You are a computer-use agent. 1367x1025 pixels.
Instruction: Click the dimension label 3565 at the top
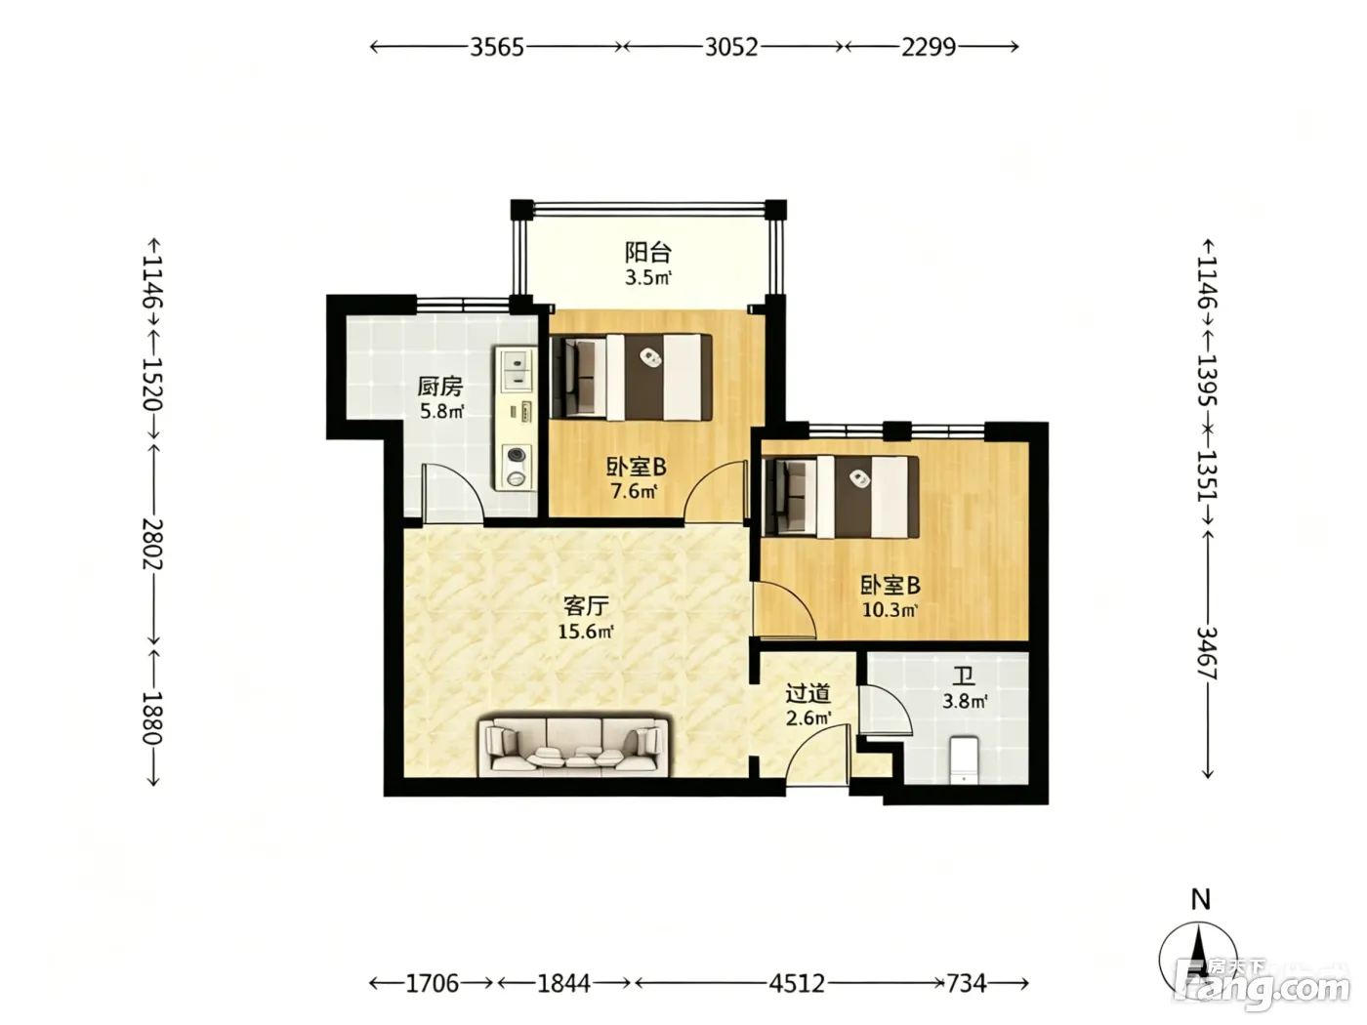[496, 47]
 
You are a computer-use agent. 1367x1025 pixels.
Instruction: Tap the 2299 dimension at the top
[928, 47]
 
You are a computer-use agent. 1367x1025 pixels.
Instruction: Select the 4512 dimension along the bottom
[797, 984]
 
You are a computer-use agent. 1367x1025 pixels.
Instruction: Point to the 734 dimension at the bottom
[967, 984]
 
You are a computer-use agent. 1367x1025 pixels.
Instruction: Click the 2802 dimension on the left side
[152, 544]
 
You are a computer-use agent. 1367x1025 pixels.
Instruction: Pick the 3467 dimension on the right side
[1206, 653]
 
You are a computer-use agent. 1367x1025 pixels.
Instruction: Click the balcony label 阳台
[647, 253]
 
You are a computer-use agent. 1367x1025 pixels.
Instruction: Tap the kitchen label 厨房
[440, 387]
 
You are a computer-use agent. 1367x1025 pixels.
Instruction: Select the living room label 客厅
[586, 605]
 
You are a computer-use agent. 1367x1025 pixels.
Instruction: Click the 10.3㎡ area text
[890, 610]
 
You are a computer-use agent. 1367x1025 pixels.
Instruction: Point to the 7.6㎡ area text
[634, 491]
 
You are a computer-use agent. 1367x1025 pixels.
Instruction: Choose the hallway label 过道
[808, 693]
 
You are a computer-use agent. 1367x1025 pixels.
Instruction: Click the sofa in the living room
[573, 747]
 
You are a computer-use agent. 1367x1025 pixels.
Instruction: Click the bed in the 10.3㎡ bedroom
[840, 497]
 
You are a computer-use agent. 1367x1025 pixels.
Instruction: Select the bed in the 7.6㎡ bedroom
[631, 377]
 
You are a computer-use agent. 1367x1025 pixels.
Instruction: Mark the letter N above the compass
[1200, 900]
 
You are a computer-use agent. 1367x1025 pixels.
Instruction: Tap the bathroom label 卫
[964, 676]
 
